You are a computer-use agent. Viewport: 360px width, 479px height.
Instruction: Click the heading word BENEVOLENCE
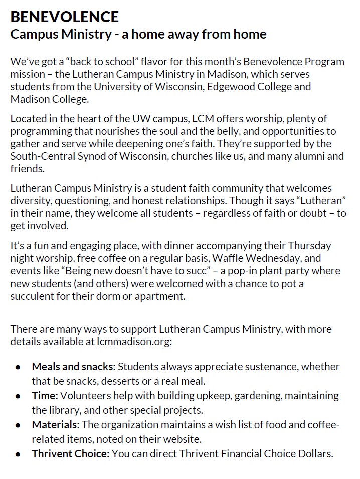(65, 17)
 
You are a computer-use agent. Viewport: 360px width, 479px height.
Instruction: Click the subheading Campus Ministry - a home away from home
(138, 35)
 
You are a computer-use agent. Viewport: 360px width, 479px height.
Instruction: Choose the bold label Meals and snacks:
(74, 367)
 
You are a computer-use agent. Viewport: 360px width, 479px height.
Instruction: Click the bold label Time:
(45, 396)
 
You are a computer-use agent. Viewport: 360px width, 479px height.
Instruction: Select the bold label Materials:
(56, 425)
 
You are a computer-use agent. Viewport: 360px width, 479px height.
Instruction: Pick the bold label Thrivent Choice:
(71, 454)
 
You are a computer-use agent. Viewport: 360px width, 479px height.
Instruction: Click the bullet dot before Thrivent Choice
(18, 455)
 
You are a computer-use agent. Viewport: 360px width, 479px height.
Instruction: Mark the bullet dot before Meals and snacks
(18, 367)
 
